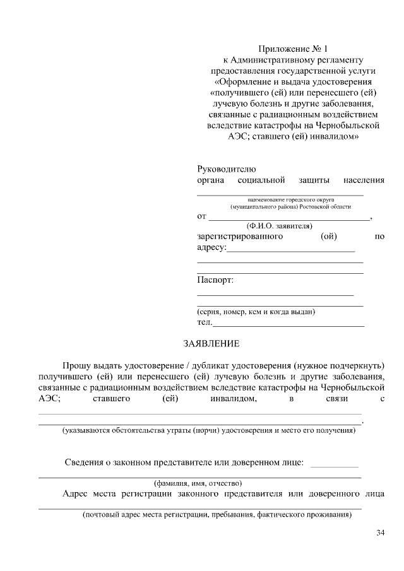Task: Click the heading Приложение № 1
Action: coord(294,49)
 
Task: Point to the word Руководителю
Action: coord(227,169)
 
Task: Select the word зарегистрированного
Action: coord(239,237)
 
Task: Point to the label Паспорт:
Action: coord(215,280)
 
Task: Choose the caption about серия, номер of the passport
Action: coord(256,312)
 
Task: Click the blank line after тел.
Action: coord(289,324)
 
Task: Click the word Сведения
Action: coord(85,462)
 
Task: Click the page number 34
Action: coord(380,533)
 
